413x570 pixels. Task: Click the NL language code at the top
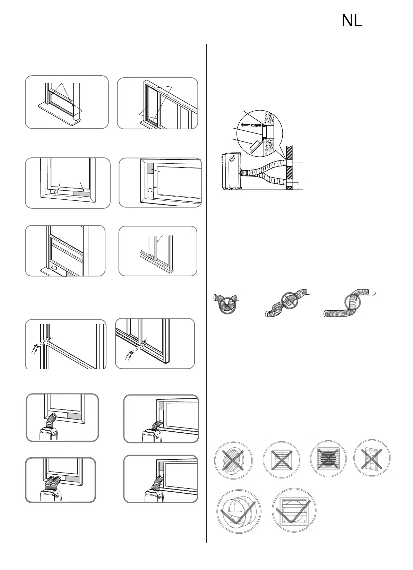(352, 21)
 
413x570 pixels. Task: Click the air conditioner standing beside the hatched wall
(230, 171)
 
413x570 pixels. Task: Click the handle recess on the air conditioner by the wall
(232, 161)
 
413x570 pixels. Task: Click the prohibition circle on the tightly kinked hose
(227, 303)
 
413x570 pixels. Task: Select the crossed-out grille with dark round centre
(328, 460)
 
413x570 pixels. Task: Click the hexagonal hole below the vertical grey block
(150, 190)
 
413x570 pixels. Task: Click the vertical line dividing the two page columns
(206, 291)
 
